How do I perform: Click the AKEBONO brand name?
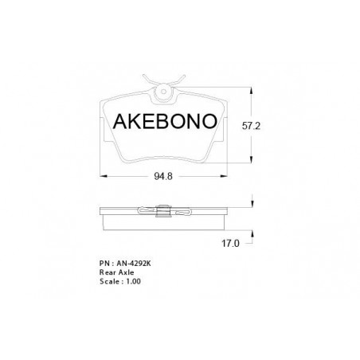[x=165, y=121]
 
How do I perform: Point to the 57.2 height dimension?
[x=251, y=126]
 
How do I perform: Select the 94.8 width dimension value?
[x=163, y=176]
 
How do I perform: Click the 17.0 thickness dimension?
[x=230, y=243]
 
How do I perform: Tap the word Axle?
[x=126, y=272]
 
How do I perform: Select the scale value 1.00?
[x=133, y=281]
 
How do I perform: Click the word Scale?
[x=109, y=281]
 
